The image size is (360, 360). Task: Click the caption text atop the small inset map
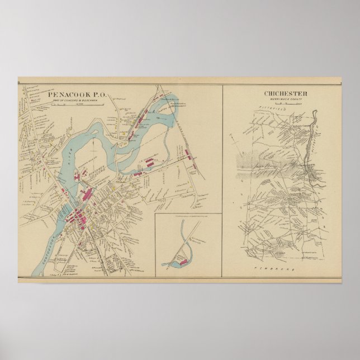(186, 216)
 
